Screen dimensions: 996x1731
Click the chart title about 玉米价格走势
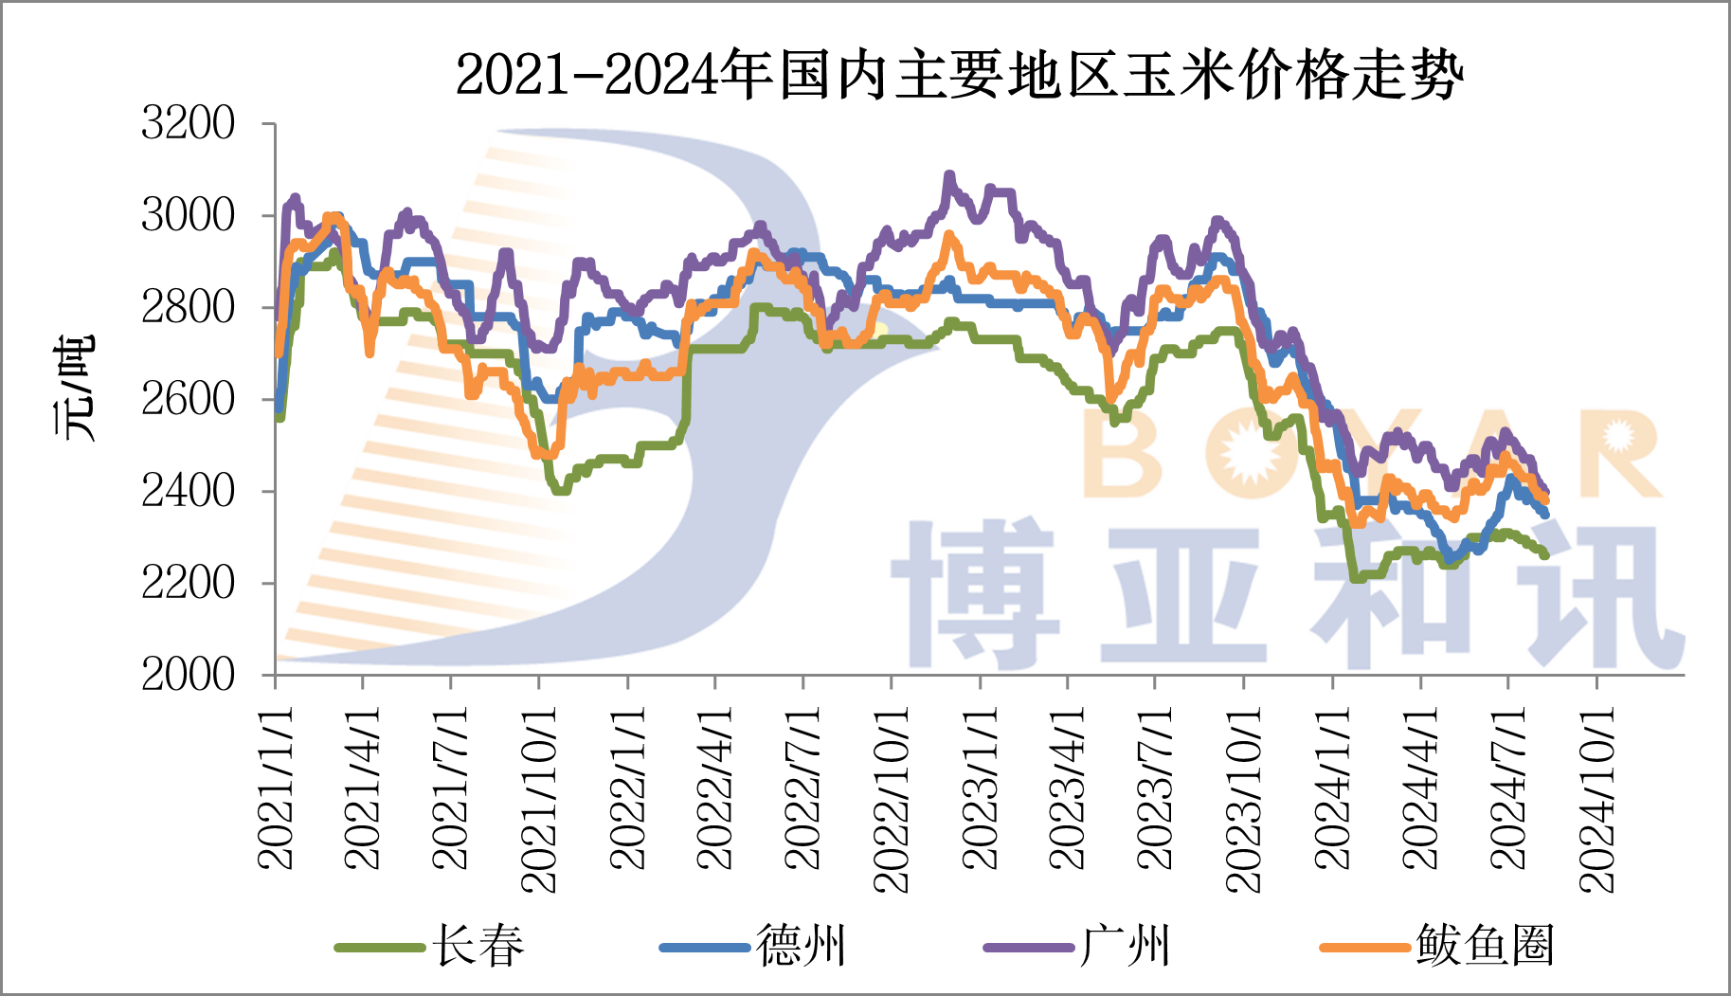pos(959,75)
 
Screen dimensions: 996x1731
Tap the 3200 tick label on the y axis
pos(188,123)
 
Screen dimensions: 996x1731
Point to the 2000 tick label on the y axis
pos(188,675)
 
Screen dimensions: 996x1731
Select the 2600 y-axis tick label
pos(188,399)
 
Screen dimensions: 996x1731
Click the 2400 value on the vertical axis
pos(188,491)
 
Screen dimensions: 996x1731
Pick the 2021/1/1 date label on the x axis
pos(276,787)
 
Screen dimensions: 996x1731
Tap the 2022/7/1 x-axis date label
pos(802,787)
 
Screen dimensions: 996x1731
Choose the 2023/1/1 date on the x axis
pos(980,787)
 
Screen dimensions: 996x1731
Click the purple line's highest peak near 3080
pos(949,176)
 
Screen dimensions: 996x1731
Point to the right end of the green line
pos(1545,554)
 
